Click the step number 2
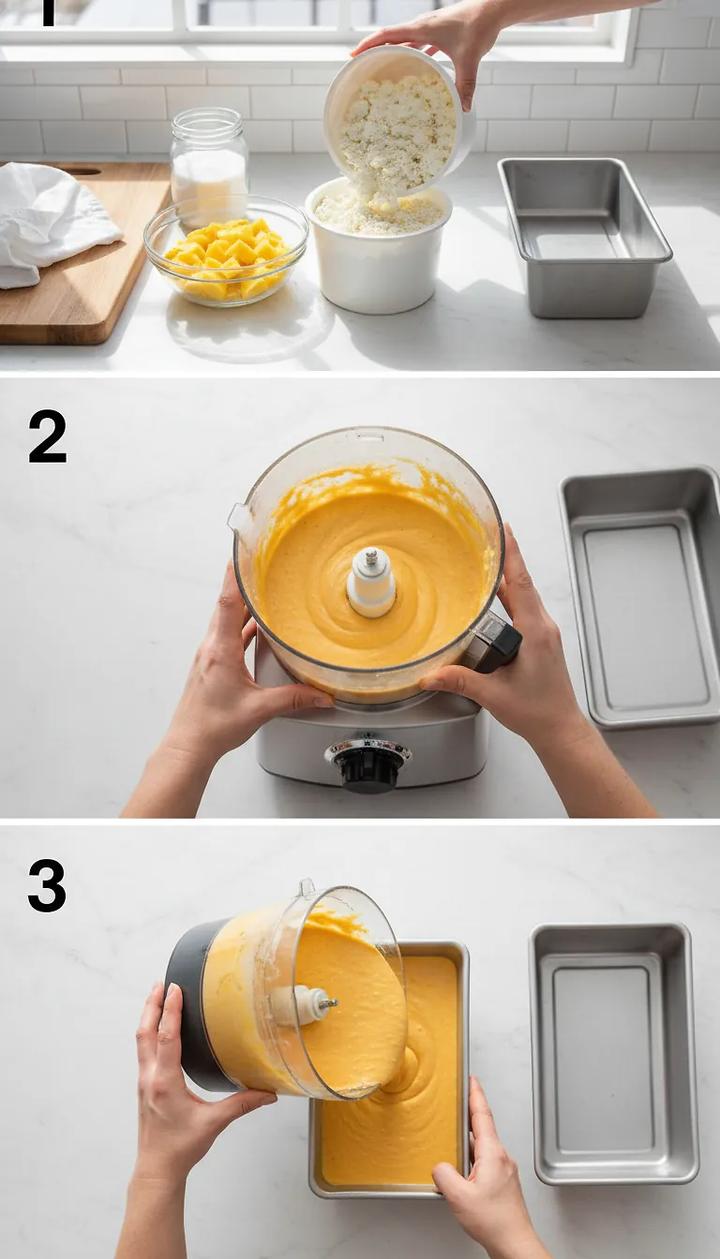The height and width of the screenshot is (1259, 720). pos(47,437)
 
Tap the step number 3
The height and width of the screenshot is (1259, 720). pos(47,885)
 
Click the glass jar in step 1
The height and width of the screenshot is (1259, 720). pos(208,164)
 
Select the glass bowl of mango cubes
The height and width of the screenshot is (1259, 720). pos(226,250)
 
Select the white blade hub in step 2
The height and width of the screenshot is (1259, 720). pos(371,582)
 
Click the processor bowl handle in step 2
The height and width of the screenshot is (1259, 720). pos(491,644)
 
